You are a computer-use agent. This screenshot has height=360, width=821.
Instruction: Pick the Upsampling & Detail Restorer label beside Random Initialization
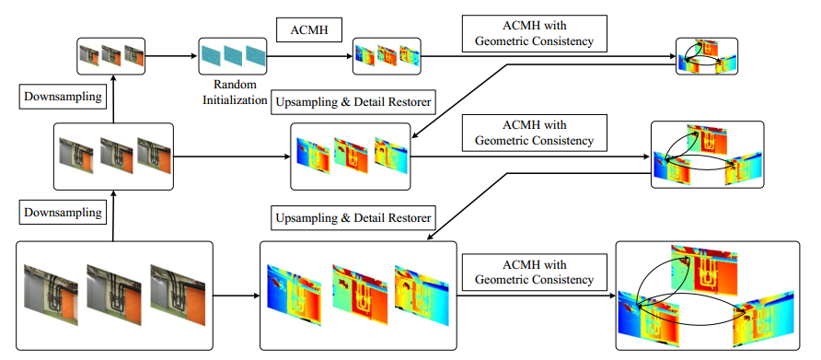(x=353, y=99)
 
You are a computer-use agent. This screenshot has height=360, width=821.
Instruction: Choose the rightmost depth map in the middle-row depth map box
(x=390, y=152)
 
